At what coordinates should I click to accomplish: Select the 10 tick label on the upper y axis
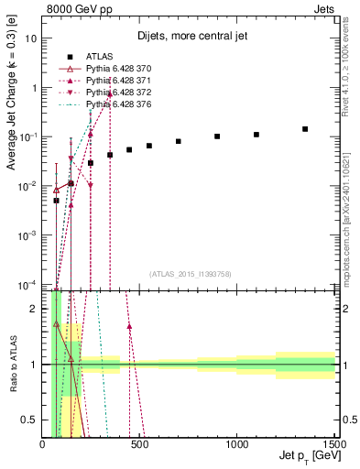(x=33, y=38)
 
